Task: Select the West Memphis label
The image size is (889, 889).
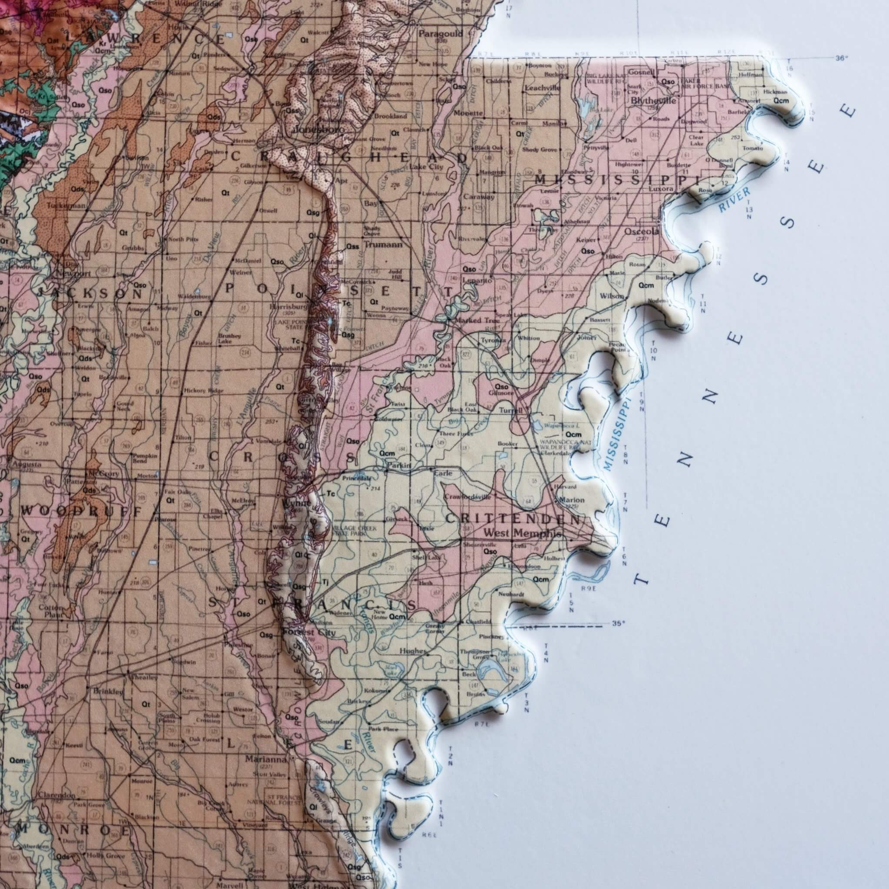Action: [x=522, y=534]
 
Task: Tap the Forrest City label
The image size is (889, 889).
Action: [x=309, y=633]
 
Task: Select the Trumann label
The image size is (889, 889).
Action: [x=383, y=245]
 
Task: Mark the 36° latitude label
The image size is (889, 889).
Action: [x=841, y=58]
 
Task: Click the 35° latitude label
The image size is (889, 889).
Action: [x=619, y=624]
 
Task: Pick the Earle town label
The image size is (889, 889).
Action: [x=443, y=473]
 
